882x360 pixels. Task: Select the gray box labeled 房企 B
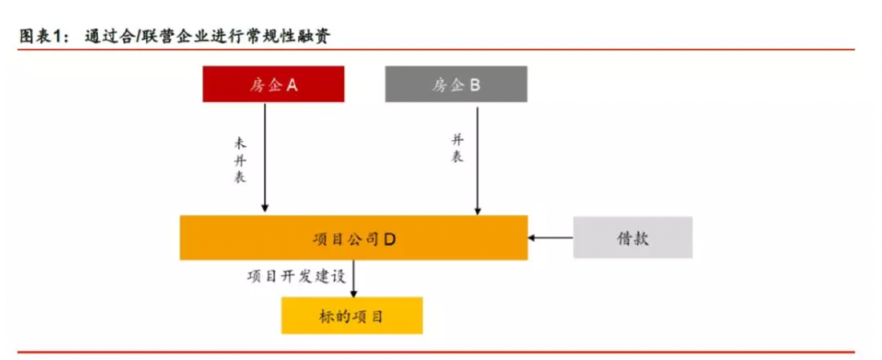[456, 84]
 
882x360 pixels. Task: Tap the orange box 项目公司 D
[354, 238]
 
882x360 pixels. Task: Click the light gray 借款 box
[633, 238]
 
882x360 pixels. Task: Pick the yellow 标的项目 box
[352, 315]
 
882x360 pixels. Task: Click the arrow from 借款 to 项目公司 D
[550, 238]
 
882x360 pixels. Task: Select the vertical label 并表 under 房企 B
[457, 149]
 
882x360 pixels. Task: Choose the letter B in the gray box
[475, 84]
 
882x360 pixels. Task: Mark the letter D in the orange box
[390, 238]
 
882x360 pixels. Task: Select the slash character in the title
[136, 36]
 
